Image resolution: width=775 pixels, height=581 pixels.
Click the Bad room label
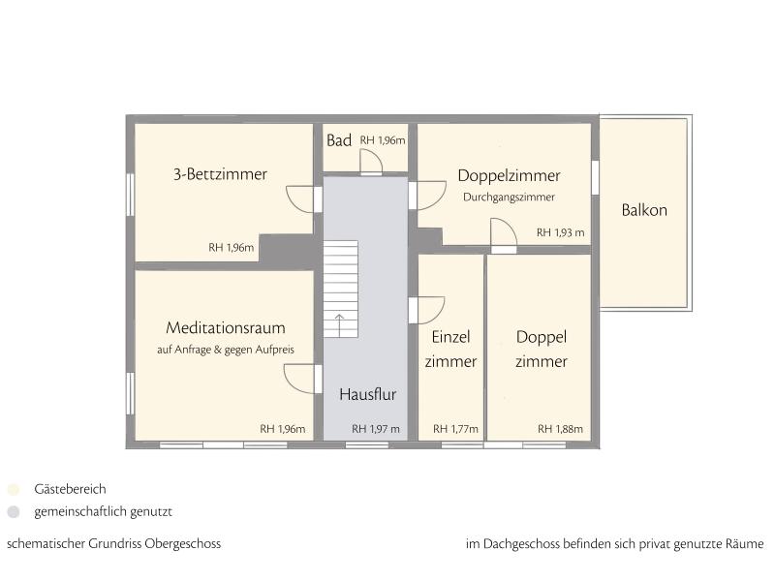(x=339, y=140)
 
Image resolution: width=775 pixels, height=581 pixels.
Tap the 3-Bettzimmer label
(x=221, y=174)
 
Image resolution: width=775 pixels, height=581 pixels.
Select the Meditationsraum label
(x=226, y=327)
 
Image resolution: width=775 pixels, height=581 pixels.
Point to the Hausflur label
(x=368, y=394)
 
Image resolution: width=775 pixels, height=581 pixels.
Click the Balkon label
(x=644, y=210)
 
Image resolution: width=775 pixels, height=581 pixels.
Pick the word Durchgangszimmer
(x=510, y=198)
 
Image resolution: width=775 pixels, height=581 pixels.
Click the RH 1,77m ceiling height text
(x=455, y=429)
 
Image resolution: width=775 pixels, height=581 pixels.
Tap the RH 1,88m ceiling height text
(x=561, y=429)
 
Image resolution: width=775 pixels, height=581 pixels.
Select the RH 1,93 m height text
(x=561, y=232)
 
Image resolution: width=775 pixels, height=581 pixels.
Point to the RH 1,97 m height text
(x=376, y=429)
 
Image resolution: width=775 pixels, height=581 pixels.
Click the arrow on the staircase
(x=340, y=324)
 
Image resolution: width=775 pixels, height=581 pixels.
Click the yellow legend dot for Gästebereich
(x=14, y=489)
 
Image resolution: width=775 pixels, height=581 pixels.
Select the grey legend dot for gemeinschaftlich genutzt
(x=14, y=512)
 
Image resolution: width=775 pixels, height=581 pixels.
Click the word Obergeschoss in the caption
(x=183, y=544)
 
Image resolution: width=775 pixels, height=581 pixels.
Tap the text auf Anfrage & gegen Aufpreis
(x=226, y=350)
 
